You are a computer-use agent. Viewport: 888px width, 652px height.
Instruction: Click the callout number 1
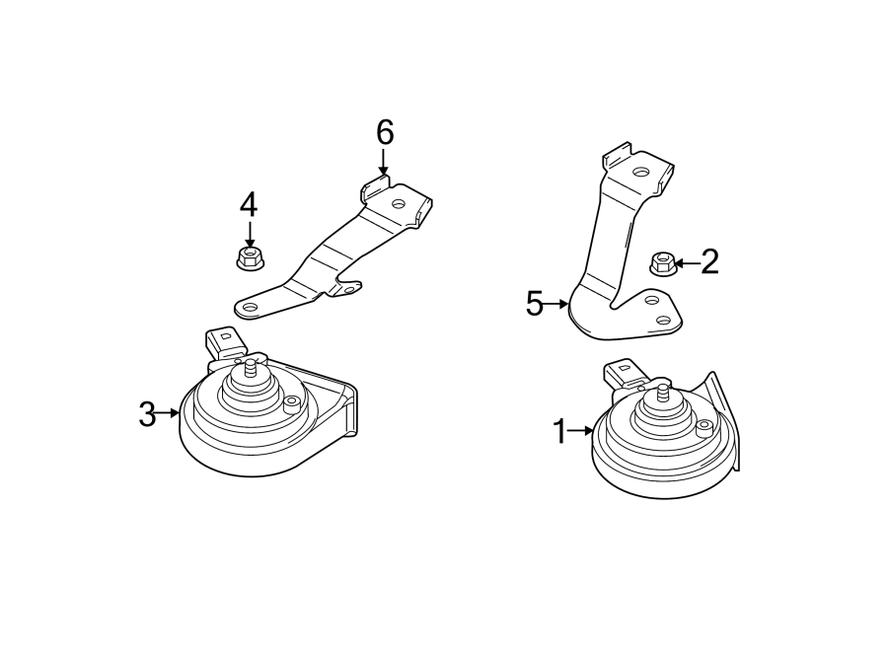tap(559, 431)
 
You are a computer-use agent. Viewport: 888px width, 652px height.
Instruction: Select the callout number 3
tap(147, 414)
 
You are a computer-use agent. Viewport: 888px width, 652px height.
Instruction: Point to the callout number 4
tap(248, 205)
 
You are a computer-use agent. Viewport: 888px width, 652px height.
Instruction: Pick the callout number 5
tap(535, 304)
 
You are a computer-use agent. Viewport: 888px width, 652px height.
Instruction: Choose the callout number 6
tap(384, 131)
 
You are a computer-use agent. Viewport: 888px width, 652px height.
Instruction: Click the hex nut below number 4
tap(249, 259)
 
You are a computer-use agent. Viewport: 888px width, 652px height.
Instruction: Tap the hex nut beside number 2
tap(662, 263)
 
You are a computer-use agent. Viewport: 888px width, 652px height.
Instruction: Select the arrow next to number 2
tap(686, 262)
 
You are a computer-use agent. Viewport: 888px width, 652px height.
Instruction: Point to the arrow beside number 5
tap(559, 305)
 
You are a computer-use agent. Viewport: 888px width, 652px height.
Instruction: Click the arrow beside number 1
tap(582, 431)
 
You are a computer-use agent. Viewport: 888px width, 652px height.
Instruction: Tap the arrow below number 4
tap(249, 235)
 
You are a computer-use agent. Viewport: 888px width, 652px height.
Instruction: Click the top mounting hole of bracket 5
tap(641, 172)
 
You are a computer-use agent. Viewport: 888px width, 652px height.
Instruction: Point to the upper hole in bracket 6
tap(398, 205)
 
